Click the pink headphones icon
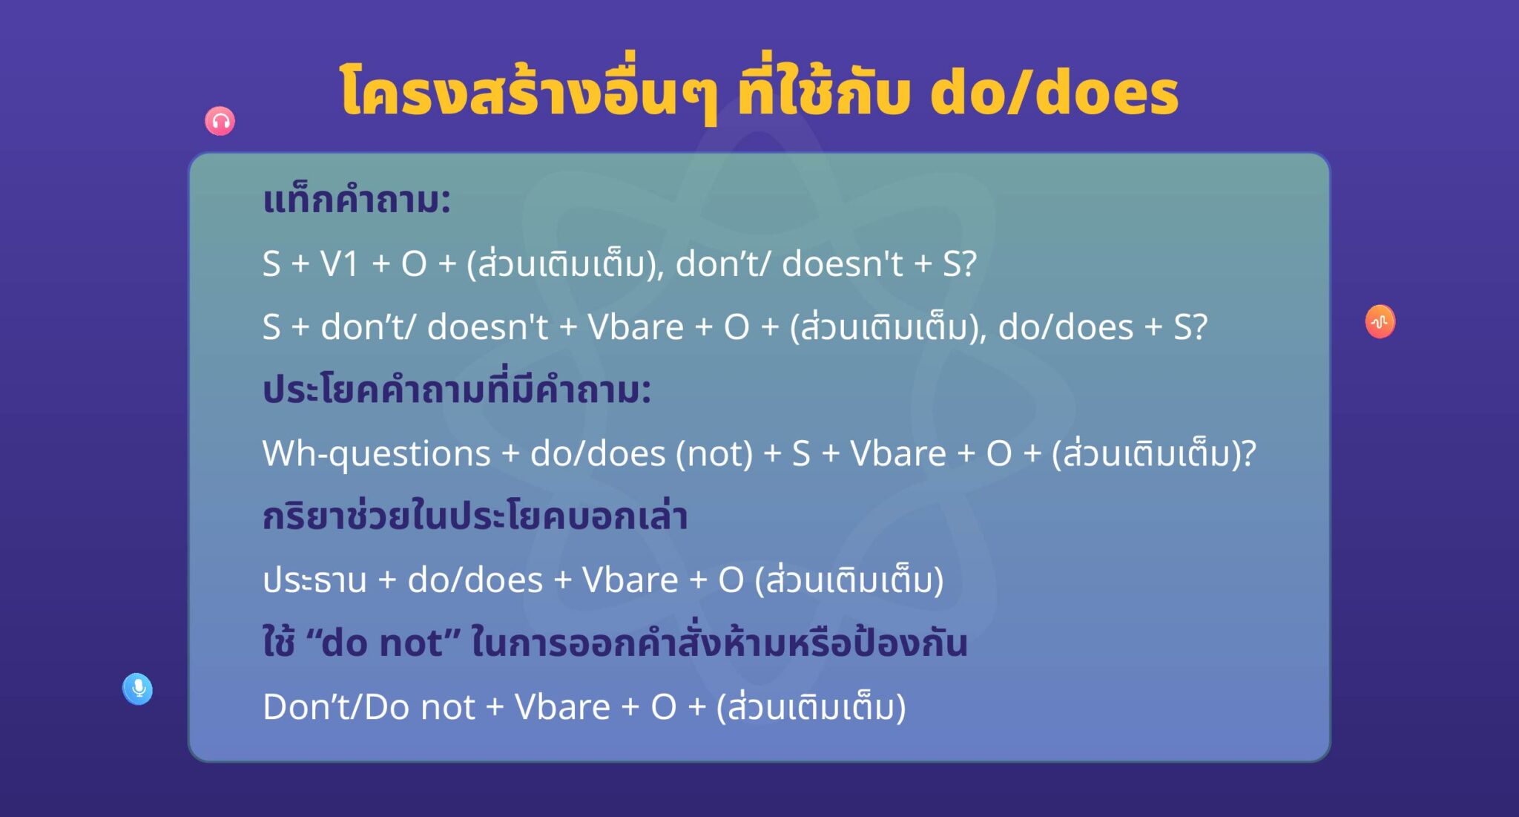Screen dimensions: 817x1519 [220, 121]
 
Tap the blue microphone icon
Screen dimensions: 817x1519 [138, 689]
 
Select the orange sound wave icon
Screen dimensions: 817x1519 [1380, 321]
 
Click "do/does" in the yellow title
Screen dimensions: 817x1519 [1054, 93]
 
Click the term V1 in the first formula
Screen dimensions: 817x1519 [340, 264]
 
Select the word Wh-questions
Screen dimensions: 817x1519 [376, 453]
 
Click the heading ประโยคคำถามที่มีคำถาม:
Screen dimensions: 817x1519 [457, 390]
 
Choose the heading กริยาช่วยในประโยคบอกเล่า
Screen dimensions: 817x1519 [475, 516]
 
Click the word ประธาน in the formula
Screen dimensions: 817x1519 [314, 580]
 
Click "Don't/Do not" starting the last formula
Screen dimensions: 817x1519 [369, 706]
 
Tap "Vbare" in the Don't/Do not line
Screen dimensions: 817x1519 [562, 706]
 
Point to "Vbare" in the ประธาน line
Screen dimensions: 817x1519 [630, 580]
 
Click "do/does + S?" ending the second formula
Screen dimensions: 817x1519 [1103, 327]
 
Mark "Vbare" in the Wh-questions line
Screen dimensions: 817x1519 [897, 453]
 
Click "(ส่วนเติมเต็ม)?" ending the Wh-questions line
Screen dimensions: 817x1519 [1154, 453]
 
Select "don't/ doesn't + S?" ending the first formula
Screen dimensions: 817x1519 [826, 264]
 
